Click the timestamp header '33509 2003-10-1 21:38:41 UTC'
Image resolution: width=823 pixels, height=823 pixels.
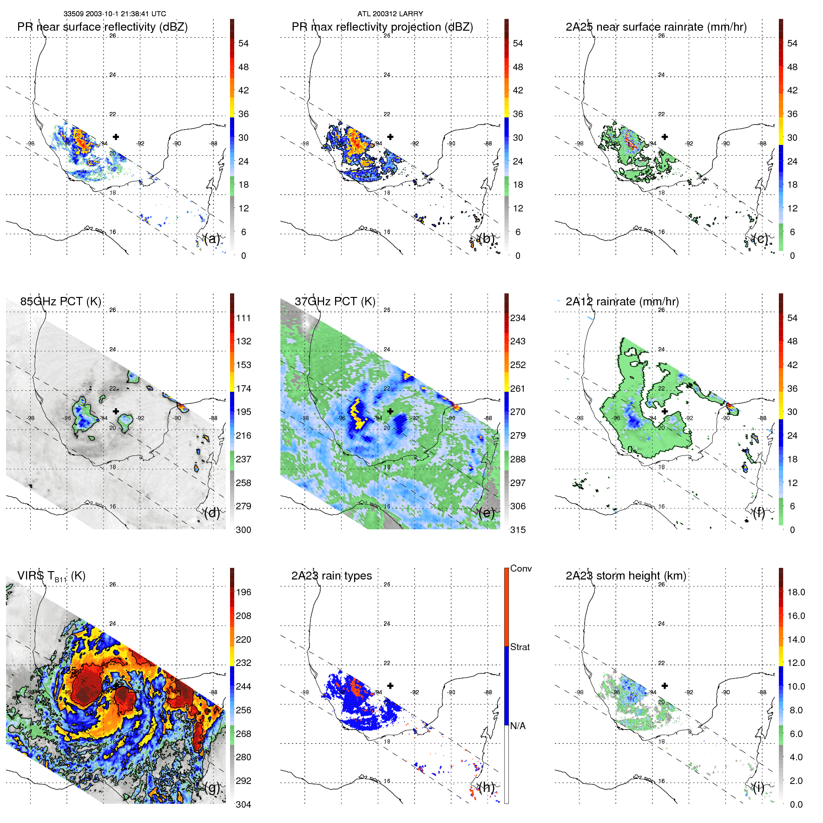pos(114,14)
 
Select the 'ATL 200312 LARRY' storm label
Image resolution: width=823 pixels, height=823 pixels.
pos(390,14)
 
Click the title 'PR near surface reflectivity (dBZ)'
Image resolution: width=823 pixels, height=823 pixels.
pos(102,27)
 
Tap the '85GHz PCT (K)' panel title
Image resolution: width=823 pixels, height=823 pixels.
pos(60,302)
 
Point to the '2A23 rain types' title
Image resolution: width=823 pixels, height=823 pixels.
pos(331,576)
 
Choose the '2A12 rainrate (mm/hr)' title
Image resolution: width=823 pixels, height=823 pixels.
pos(622,302)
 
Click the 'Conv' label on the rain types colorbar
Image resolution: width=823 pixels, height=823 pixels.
pos(520,568)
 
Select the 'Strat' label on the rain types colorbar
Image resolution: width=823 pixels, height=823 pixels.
pos(520,647)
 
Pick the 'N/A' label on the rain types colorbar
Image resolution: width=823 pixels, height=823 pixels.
pos(518,726)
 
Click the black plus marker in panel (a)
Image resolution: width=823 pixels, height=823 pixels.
pos(116,137)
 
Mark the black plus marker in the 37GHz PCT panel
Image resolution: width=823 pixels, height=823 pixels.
pos(390,411)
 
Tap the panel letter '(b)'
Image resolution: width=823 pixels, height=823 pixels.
pos(486,239)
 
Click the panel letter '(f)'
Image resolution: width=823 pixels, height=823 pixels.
pos(759,513)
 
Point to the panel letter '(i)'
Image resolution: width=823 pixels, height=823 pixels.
pos(758,787)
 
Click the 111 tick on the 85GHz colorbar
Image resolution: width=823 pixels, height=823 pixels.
pos(244,318)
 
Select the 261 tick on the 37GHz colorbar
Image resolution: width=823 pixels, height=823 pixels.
pos(518,388)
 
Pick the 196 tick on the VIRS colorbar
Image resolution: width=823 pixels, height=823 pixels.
pos(244,592)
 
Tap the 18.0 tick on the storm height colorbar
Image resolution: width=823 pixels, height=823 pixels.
pos(796,592)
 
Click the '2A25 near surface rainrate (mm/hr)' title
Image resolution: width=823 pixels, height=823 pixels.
pos(656,27)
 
